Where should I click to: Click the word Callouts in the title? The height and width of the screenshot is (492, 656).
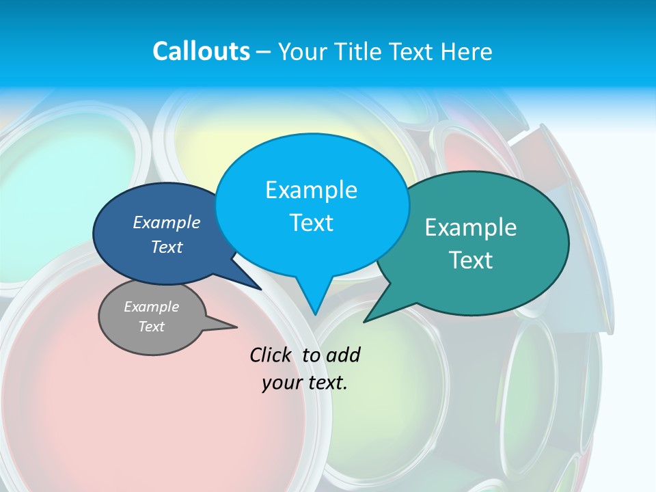click(x=201, y=51)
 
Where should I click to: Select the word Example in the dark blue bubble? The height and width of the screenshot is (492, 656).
click(x=167, y=222)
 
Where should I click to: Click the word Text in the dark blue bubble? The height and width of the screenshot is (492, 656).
click(x=167, y=247)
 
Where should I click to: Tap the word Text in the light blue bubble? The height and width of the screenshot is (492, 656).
click(x=312, y=222)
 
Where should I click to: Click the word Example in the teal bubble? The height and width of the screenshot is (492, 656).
click(x=471, y=227)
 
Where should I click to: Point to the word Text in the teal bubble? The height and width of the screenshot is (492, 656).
click(x=471, y=260)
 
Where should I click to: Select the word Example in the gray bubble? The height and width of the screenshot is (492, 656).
click(x=151, y=307)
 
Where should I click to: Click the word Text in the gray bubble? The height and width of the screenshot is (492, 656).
click(x=151, y=327)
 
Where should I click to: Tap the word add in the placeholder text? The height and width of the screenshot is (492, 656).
click(x=343, y=355)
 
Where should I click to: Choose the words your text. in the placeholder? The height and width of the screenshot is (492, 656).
click(x=305, y=383)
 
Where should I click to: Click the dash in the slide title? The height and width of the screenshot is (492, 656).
click(x=264, y=51)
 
